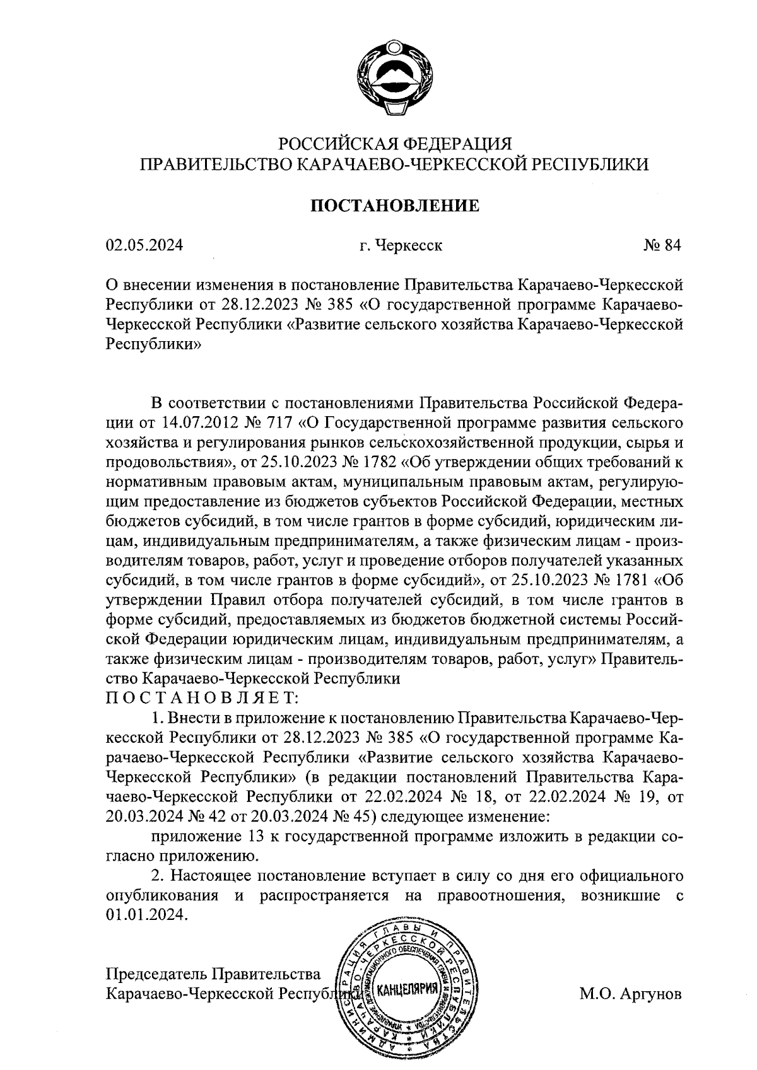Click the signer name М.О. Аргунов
point(631,994)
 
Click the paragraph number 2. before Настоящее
point(158,876)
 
